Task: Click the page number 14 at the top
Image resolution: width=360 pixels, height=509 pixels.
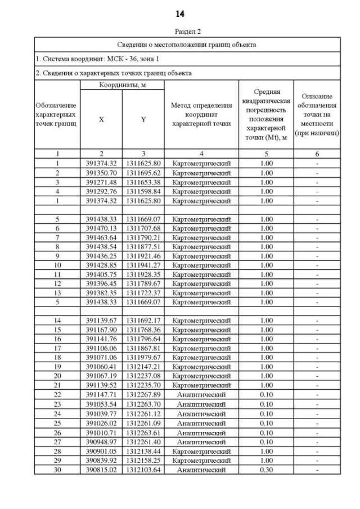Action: pyautogui.click(x=179, y=13)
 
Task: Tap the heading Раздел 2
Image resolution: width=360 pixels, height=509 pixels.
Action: pyautogui.click(x=179, y=33)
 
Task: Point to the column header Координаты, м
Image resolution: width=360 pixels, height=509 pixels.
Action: pyautogui.click(x=122, y=84)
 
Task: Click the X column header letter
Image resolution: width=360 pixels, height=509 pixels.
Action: pyautogui.click(x=101, y=119)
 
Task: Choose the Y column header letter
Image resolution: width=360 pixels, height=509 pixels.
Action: pyautogui.click(x=143, y=119)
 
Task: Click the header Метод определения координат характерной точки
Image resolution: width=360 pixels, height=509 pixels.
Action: pyautogui.click(x=201, y=115)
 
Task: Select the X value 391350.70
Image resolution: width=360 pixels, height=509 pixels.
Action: pyautogui.click(x=101, y=173)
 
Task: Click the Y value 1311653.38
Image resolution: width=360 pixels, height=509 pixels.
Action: pyautogui.click(x=143, y=182)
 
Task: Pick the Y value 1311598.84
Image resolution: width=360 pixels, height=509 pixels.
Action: pyautogui.click(x=143, y=191)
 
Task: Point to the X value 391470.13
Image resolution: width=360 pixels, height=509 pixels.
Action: pyautogui.click(x=101, y=228)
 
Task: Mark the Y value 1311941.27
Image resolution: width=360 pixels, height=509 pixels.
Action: pyautogui.click(x=143, y=265)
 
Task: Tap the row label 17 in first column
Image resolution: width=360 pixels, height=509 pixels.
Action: pyautogui.click(x=57, y=348)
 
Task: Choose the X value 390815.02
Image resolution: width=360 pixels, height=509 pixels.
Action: pyautogui.click(x=101, y=469)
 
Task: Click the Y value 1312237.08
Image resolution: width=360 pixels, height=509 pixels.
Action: pyautogui.click(x=143, y=376)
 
